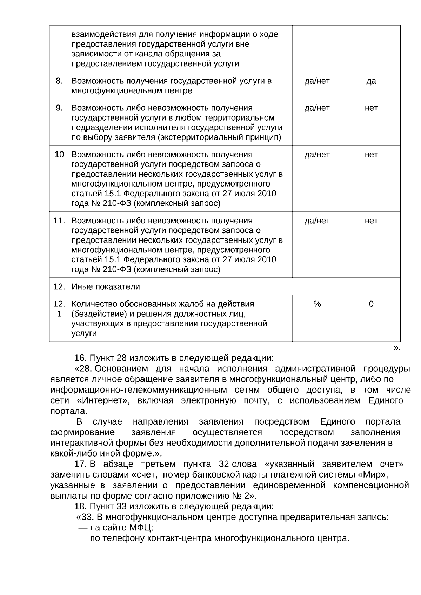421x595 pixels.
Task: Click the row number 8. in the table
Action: coord(59,81)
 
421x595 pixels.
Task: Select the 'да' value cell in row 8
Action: coord(371,81)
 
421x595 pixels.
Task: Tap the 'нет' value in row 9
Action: coord(371,108)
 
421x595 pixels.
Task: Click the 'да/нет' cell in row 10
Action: coord(317,155)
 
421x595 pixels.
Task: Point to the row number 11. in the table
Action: coord(59,221)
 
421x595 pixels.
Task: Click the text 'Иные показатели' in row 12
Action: coord(106,286)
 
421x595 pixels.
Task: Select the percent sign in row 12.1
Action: coord(317,304)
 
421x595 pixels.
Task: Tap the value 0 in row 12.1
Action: coord(371,304)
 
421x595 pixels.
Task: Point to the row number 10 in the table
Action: coord(59,155)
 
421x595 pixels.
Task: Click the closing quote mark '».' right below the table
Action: coord(396,348)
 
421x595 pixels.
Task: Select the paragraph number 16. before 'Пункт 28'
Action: coord(80,358)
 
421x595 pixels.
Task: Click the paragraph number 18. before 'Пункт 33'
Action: coord(80,506)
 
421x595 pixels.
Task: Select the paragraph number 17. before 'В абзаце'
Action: coord(80,464)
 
